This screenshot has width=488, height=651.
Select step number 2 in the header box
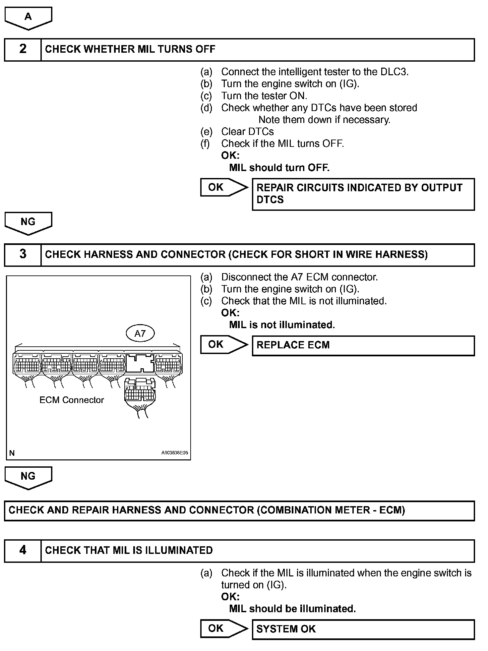pyautogui.click(x=23, y=49)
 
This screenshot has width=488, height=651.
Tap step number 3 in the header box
pyautogui.click(x=23, y=255)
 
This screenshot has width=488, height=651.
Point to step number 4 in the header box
pyautogui.click(x=23, y=551)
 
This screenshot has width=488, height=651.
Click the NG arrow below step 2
pyautogui.click(x=28, y=223)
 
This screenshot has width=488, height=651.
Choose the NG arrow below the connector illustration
pyautogui.click(x=28, y=477)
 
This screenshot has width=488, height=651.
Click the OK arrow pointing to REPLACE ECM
pyautogui.click(x=223, y=345)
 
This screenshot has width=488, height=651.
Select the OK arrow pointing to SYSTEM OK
pyautogui.click(x=223, y=629)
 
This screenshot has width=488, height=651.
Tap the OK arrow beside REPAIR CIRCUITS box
pyautogui.click(x=223, y=188)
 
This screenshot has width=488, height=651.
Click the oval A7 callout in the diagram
pyautogui.click(x=140, y=333)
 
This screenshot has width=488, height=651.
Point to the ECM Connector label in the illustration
pyautogui.click(x=72, y=400)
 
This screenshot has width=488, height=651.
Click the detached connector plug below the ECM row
pyautogui.click(x=140, y=394)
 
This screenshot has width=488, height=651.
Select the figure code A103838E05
pyautogui.click(x=175, y=453)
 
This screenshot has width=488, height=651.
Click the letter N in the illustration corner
pyautogui.click(x=12, y=453)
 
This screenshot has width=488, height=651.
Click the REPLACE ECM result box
pyautogui.click(x=363, y=345)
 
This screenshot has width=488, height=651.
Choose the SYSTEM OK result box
pyautogui.click(x=363, y=629)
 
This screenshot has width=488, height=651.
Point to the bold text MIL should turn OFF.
pyautogui.click(x=279, y=168)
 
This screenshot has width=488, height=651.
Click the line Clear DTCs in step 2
pyautogui.click(x=247, y=132)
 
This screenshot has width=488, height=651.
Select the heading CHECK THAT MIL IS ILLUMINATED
pyautogui.click(x=129, y=551)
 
